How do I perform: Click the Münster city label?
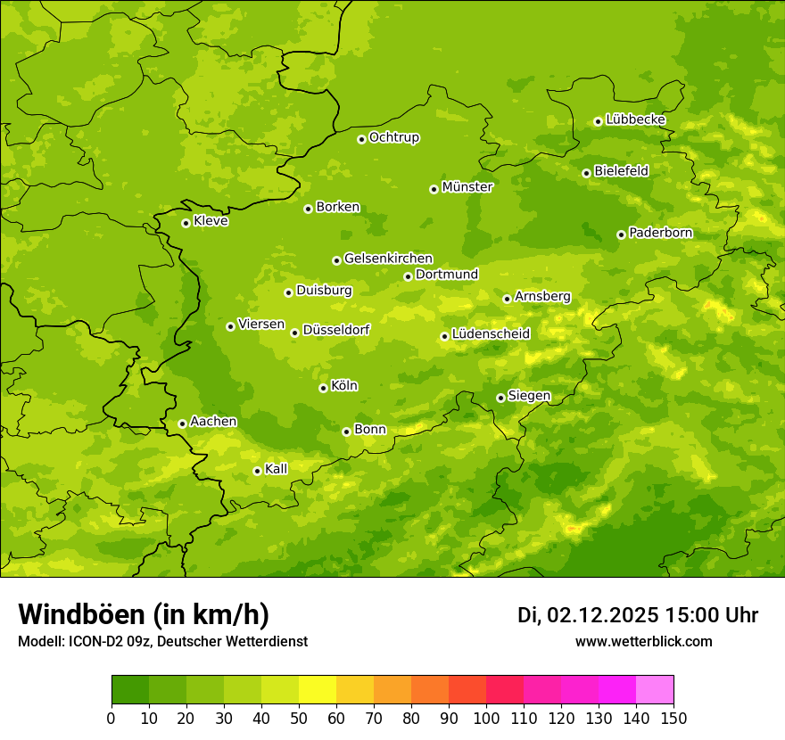(x=467, y=187)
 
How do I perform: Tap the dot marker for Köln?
(x=323, y=388)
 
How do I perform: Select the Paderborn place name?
(x=660, y=233)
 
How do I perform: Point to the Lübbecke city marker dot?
(x=598, y=121)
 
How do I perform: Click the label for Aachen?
(x=213, y=422)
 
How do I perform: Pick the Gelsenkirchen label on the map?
(x=388, y=259)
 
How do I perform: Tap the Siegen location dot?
(x=500, y=398)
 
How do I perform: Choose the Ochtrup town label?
(x=393, y=137)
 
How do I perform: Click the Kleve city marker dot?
(x=186, y=223)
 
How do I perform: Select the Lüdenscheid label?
(x=491, y=334)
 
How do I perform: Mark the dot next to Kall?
(x=257, y=471)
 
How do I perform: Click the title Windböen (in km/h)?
(x=144, y=614)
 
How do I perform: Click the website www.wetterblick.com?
(x=643, y=641)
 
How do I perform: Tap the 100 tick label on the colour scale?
(x=486, y=719)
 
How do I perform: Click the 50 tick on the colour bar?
(x=299, y=719)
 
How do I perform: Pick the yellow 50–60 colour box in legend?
(x=318, y=690)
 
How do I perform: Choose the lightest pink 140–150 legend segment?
(x=655, y=690)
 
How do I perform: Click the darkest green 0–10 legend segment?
(x=130, y=690)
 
